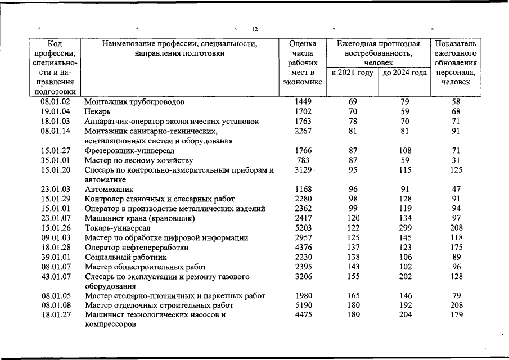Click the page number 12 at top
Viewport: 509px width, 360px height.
(255, 29)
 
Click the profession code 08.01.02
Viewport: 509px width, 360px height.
(55, 102)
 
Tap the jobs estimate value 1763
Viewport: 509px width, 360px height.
(303, 121)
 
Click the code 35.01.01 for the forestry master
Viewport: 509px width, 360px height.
(55, 160)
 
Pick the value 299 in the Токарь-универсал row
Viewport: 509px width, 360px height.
(404, 228)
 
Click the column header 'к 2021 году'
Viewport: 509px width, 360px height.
(352, 73)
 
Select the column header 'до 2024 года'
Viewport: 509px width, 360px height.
(404, 73)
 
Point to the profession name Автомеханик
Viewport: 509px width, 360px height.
(109, 190)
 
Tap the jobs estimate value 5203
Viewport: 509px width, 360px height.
(303, 228)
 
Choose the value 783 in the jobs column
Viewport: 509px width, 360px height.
(303, 160)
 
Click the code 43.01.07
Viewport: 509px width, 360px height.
(55, 277)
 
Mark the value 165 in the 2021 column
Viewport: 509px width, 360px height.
(352, 295)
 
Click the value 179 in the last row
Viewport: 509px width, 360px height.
(456, 315)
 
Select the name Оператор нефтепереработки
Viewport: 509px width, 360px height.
(137, 247)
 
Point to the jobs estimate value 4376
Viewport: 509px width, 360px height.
(303, 247)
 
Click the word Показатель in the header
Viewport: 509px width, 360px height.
(456, 43)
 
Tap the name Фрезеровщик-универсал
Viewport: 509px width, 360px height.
(129, 151)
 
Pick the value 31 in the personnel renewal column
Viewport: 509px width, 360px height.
(456, 160)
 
